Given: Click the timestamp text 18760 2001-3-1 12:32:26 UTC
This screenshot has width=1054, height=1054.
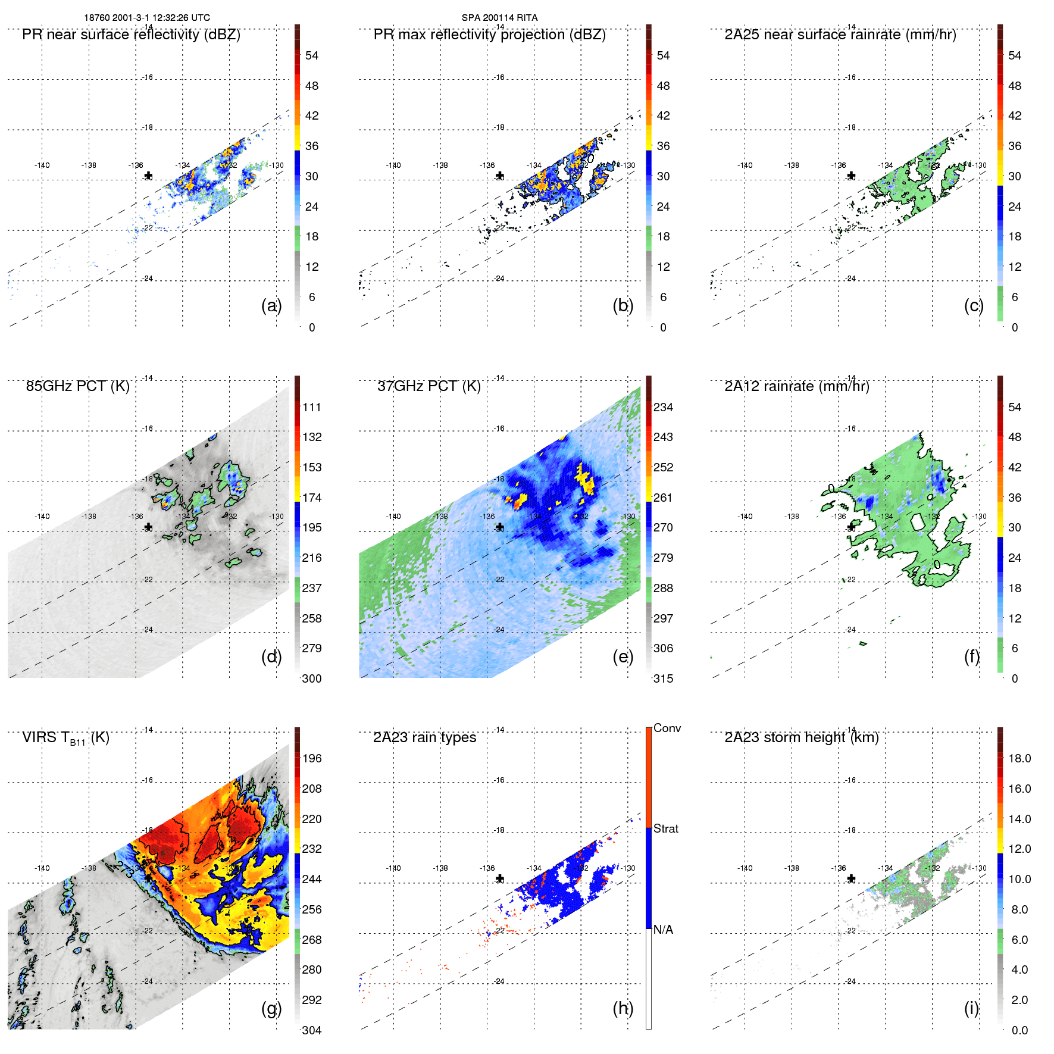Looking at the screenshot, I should point(147,18).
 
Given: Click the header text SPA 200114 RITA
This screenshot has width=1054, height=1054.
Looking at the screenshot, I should point(499,18).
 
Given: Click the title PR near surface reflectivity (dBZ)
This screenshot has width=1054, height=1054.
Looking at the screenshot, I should point(131,35).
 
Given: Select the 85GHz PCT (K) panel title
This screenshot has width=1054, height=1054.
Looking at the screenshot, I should point(77,386).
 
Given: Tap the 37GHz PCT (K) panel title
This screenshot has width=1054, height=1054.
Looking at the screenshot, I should point(429,386).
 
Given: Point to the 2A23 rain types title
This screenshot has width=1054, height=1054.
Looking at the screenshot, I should point(424,737).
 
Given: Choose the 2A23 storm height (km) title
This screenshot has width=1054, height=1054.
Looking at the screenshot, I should point(801,737).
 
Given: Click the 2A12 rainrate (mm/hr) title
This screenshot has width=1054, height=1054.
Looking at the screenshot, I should point(796,386).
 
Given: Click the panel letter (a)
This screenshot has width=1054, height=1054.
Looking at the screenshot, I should point(271,305).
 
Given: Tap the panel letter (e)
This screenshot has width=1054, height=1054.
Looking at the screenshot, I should point(623,656).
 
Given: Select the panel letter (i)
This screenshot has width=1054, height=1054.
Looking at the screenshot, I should point(971,1008).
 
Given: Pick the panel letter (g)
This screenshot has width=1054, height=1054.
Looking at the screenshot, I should point(271,1008).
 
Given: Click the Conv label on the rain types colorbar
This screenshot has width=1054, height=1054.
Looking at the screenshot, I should point(667,728).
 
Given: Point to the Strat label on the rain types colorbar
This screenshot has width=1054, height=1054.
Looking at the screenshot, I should point(665,828).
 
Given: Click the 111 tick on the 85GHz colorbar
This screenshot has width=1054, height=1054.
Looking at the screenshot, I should point(312,407).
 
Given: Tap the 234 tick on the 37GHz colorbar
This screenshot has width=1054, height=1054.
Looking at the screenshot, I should point(663,407).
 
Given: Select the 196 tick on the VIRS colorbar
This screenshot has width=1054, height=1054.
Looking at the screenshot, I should point(312,758).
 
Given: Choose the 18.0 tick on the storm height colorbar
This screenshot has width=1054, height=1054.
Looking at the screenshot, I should point(1019,758).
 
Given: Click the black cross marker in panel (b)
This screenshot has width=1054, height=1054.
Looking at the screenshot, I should point(500,176).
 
